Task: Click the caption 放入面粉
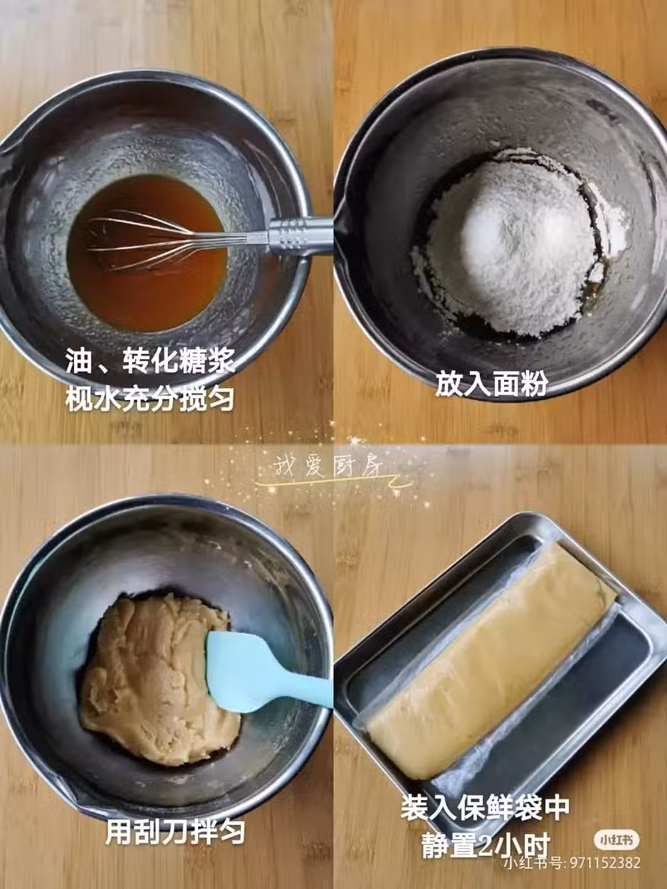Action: [x=492, y=383]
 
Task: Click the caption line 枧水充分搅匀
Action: [x=150, y=398]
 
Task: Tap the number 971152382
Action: [x=605, y=864]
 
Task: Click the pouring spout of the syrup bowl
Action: [x=8, y=151]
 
